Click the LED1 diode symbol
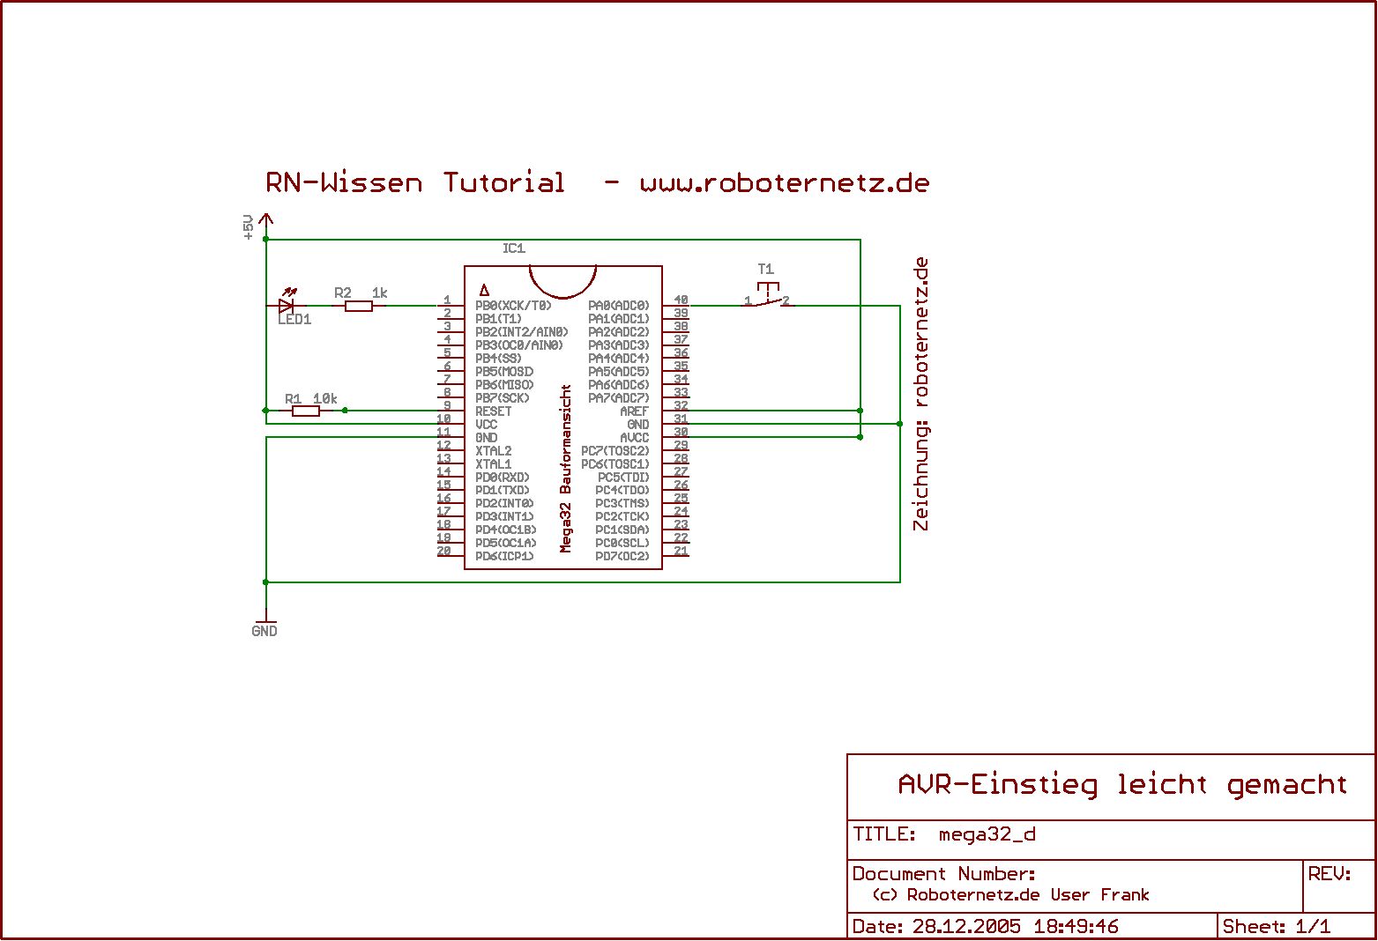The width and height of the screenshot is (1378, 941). coord(286,306)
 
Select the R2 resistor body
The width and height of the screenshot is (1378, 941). coord(359,306)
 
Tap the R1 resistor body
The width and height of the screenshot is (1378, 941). coord(306,411)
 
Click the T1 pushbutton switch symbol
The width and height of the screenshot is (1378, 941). coord(767,297)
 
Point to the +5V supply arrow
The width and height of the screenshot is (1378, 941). coord(266,221)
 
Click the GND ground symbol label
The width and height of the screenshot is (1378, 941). coord(264,631)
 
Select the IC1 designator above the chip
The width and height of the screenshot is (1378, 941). coord(514,248)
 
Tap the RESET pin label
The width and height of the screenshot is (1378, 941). coord(493,411)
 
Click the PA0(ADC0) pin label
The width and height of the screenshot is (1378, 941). coord(619,306)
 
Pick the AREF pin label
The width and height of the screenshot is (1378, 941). coord(634,411)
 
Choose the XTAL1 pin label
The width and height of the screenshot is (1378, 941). coord(493,464)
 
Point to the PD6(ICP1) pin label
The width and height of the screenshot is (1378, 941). coord(504,557)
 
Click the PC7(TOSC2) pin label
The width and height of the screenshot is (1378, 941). coord(615,451)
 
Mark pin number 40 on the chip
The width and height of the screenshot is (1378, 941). coord(681,300)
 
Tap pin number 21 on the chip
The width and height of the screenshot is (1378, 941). coord(681,552)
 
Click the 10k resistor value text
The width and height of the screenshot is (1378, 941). coord(325,399)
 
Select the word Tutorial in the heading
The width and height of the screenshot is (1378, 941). coord(503,182)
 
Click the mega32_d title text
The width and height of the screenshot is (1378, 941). coord(987,834)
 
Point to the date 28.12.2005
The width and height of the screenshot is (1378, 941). coord(966,926)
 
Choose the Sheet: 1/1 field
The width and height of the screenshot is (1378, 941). coord(1276,926)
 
